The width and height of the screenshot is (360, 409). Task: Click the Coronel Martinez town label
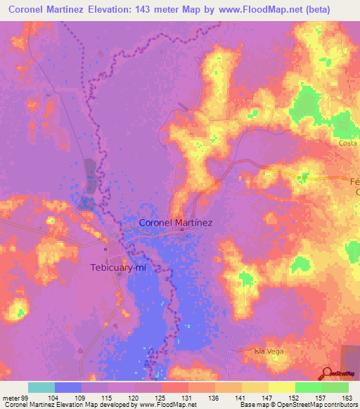[176, 223]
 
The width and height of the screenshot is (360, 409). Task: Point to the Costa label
[348, 143]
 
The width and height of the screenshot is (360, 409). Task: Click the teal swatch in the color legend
[41, 387]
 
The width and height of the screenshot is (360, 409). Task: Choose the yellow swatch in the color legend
[281, 387]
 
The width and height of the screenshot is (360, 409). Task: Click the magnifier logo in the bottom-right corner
[328, 374]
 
